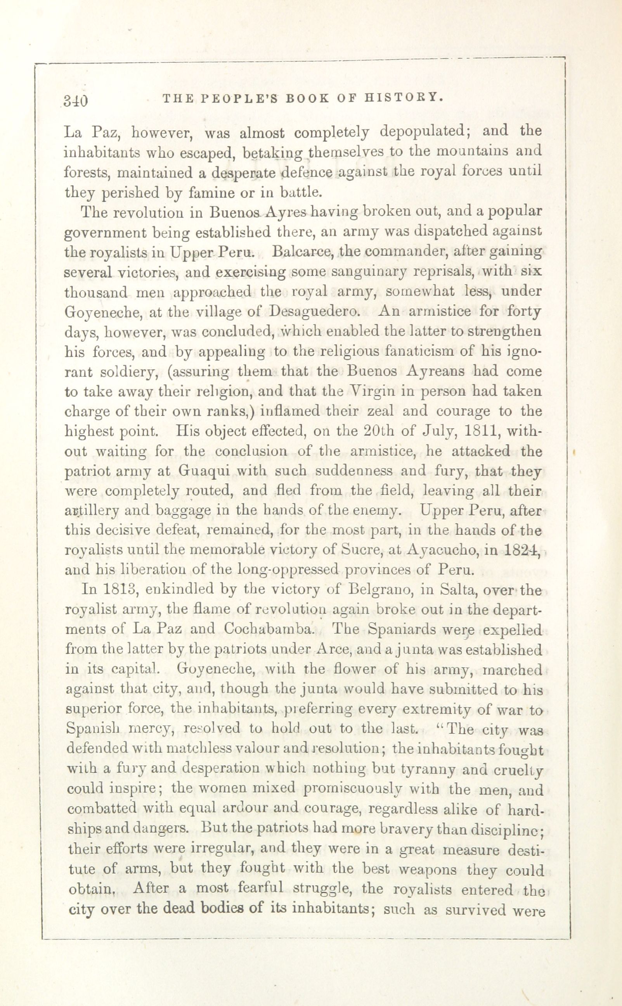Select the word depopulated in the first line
click(x=425, y=133)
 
